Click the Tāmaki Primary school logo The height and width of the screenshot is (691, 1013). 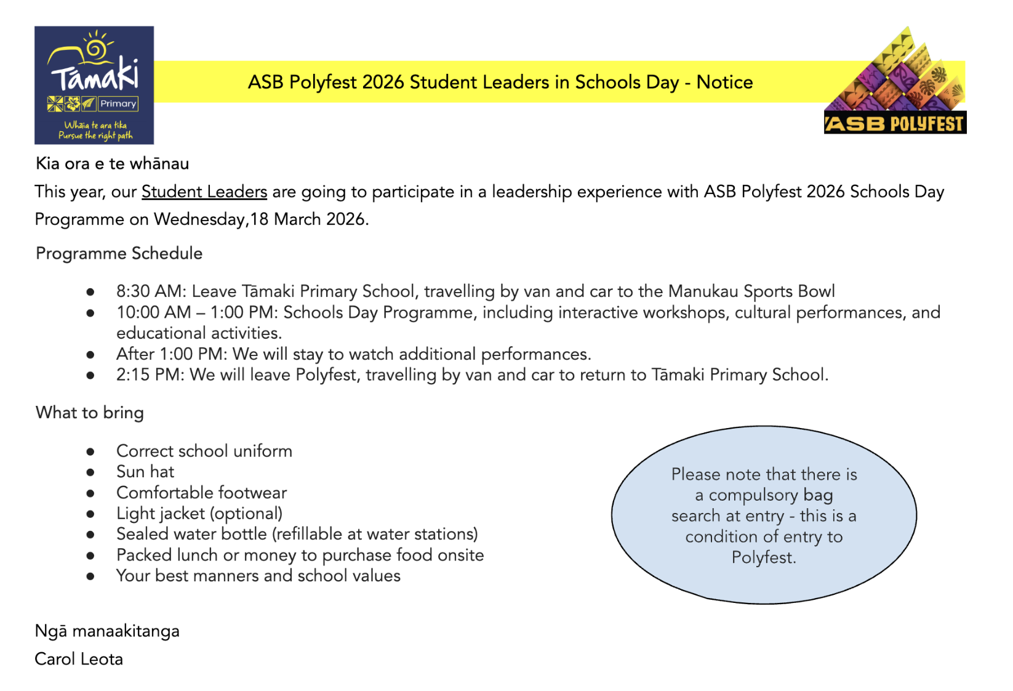[94, 85]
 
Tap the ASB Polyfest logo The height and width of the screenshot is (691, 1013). [895, 81]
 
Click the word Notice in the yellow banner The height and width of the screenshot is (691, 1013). [724, 83]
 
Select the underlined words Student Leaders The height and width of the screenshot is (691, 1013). [204, 192]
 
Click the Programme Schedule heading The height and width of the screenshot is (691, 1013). [119, 254]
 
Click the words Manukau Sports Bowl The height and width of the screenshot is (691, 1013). [751, 291]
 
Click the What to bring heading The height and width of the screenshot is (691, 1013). [90, 413]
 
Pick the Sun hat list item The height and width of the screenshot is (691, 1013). [145, 472]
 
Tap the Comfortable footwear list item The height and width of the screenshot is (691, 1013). [201, 493]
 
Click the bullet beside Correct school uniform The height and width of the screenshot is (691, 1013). [90, 452]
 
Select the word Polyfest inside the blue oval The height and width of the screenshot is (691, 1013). [763, 558]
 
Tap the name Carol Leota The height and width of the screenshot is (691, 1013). [79, 660]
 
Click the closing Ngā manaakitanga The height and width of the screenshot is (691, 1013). [107, 631]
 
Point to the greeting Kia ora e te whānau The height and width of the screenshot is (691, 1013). [112, 164]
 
